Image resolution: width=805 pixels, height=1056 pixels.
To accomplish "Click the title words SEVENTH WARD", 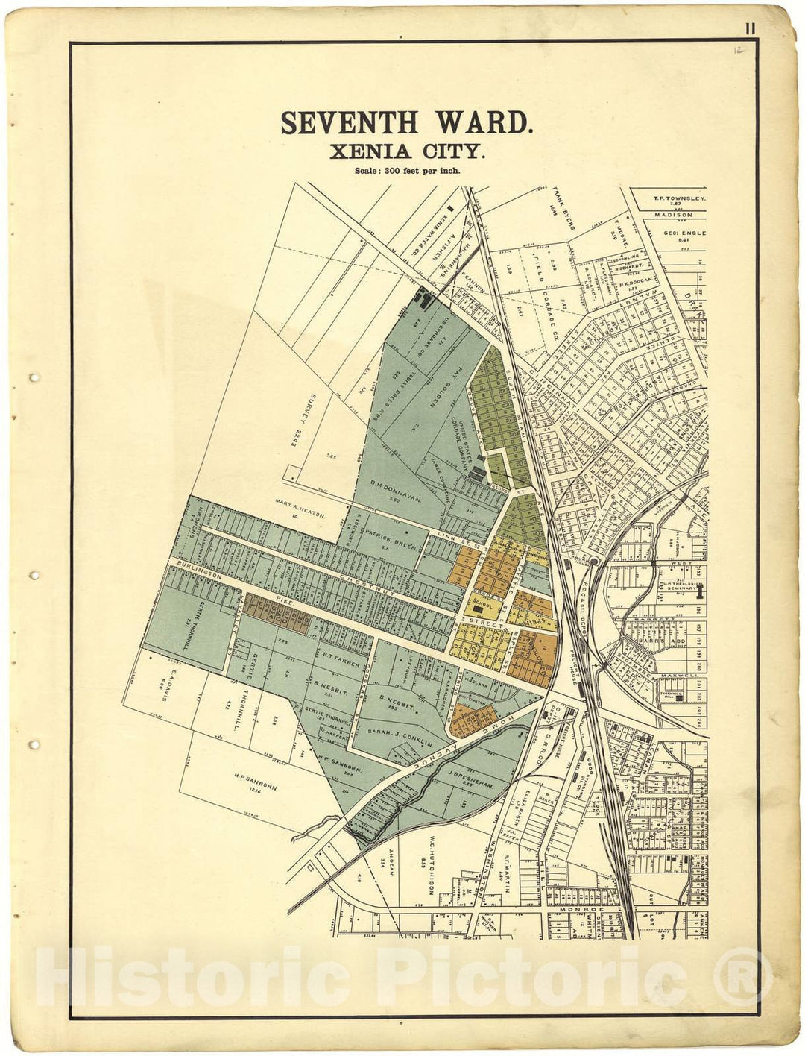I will (x=406, y=123).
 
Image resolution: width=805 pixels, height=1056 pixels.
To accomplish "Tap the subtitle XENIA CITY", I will (x=408, y=151).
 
